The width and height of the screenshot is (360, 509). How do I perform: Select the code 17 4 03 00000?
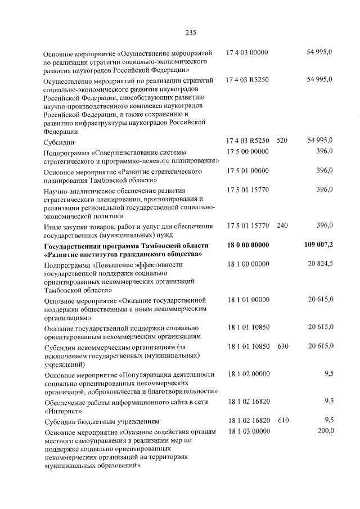point(247,52)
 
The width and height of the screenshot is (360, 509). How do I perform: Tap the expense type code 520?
point(282,141)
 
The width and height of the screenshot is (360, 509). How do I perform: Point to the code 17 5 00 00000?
point(247,152)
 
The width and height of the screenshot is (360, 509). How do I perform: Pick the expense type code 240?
point(282,226)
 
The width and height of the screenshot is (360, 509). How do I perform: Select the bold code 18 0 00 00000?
point(248,246)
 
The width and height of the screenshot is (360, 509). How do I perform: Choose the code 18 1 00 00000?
point(247,263)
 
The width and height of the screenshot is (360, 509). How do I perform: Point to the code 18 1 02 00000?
point(247,373)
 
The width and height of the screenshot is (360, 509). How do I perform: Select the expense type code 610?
point(282,420)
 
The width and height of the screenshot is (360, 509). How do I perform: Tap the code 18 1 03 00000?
point(247,431)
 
